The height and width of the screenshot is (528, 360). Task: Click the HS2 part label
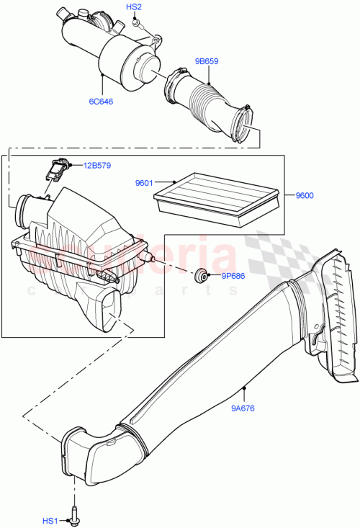(x=134, y=6)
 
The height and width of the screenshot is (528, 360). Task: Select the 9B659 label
(x=207, y=62)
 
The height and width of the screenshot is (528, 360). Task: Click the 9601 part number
(x=144, y=182)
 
